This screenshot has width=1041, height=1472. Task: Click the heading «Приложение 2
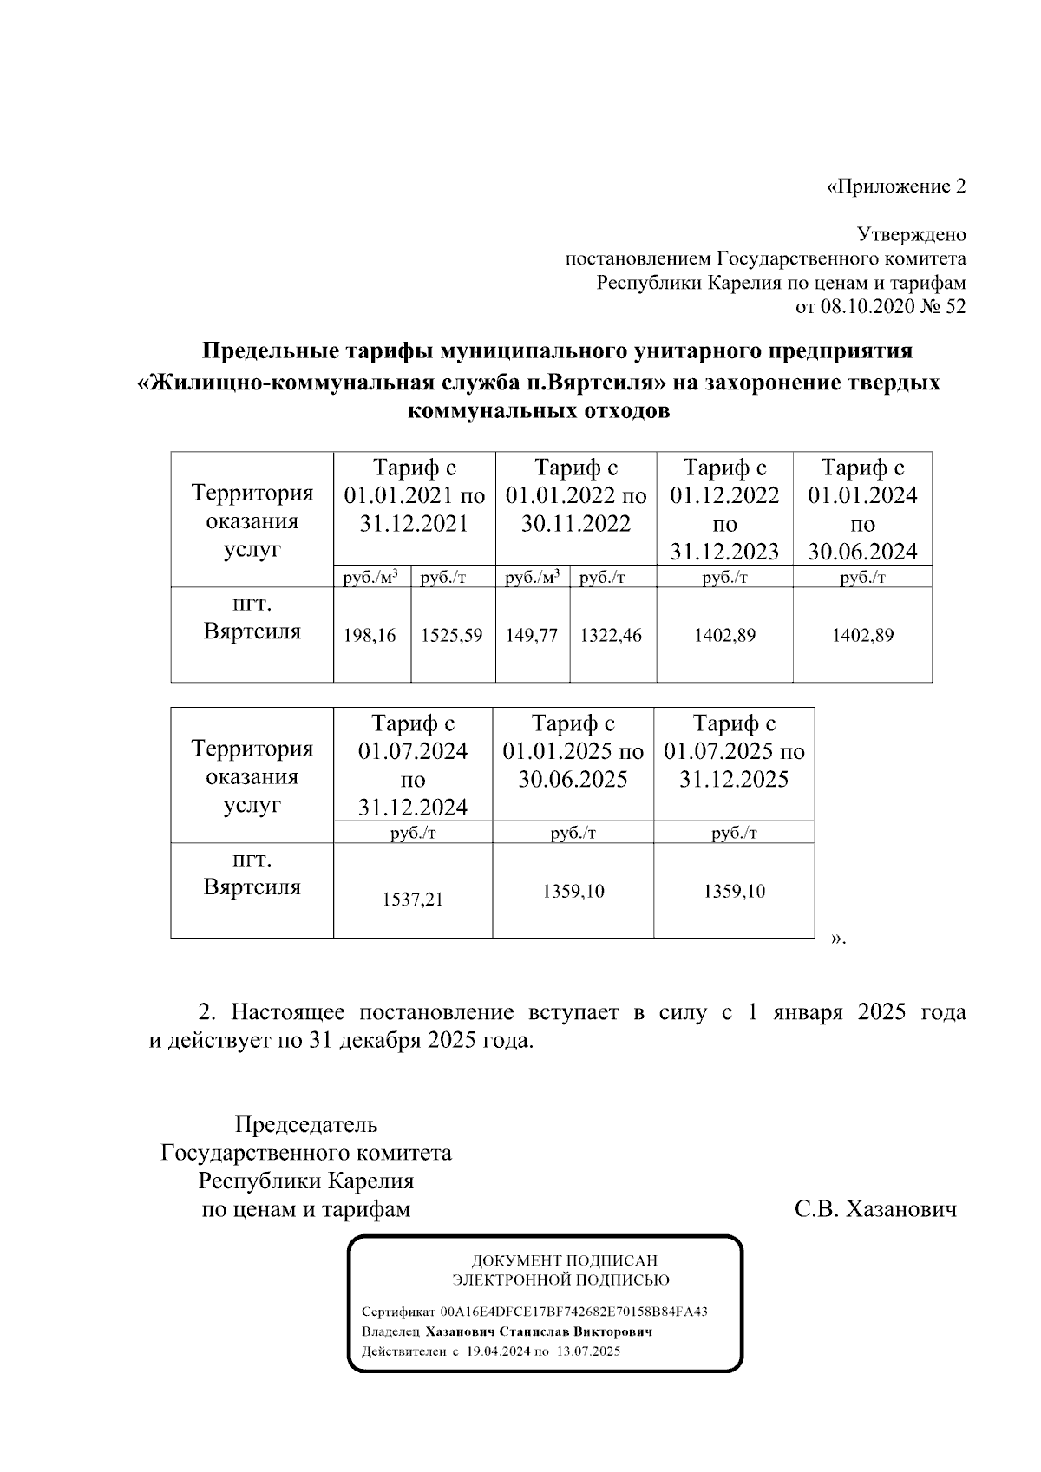895,186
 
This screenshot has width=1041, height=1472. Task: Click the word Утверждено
911,235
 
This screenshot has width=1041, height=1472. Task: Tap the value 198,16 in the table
370,636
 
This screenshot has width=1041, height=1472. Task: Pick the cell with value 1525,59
451,636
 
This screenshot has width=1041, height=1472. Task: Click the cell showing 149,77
531,636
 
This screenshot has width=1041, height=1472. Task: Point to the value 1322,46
611,636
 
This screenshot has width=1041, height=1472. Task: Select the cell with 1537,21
412,900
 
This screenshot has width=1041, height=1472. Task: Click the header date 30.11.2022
575,524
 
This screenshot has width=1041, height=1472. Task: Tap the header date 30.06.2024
862,552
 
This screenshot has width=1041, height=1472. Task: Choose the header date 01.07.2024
413,751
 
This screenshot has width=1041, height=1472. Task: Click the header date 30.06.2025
573,779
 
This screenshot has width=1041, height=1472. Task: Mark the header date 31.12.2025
734,779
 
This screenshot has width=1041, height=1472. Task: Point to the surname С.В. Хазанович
875,1209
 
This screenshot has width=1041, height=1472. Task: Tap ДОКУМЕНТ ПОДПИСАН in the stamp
564,1260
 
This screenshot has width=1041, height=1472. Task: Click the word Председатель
306,1125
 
